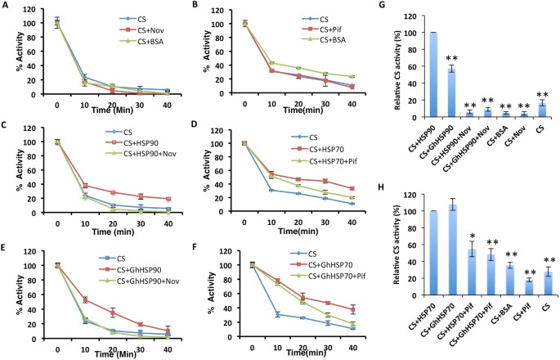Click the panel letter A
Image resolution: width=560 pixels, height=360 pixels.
[x=7, y=6]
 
